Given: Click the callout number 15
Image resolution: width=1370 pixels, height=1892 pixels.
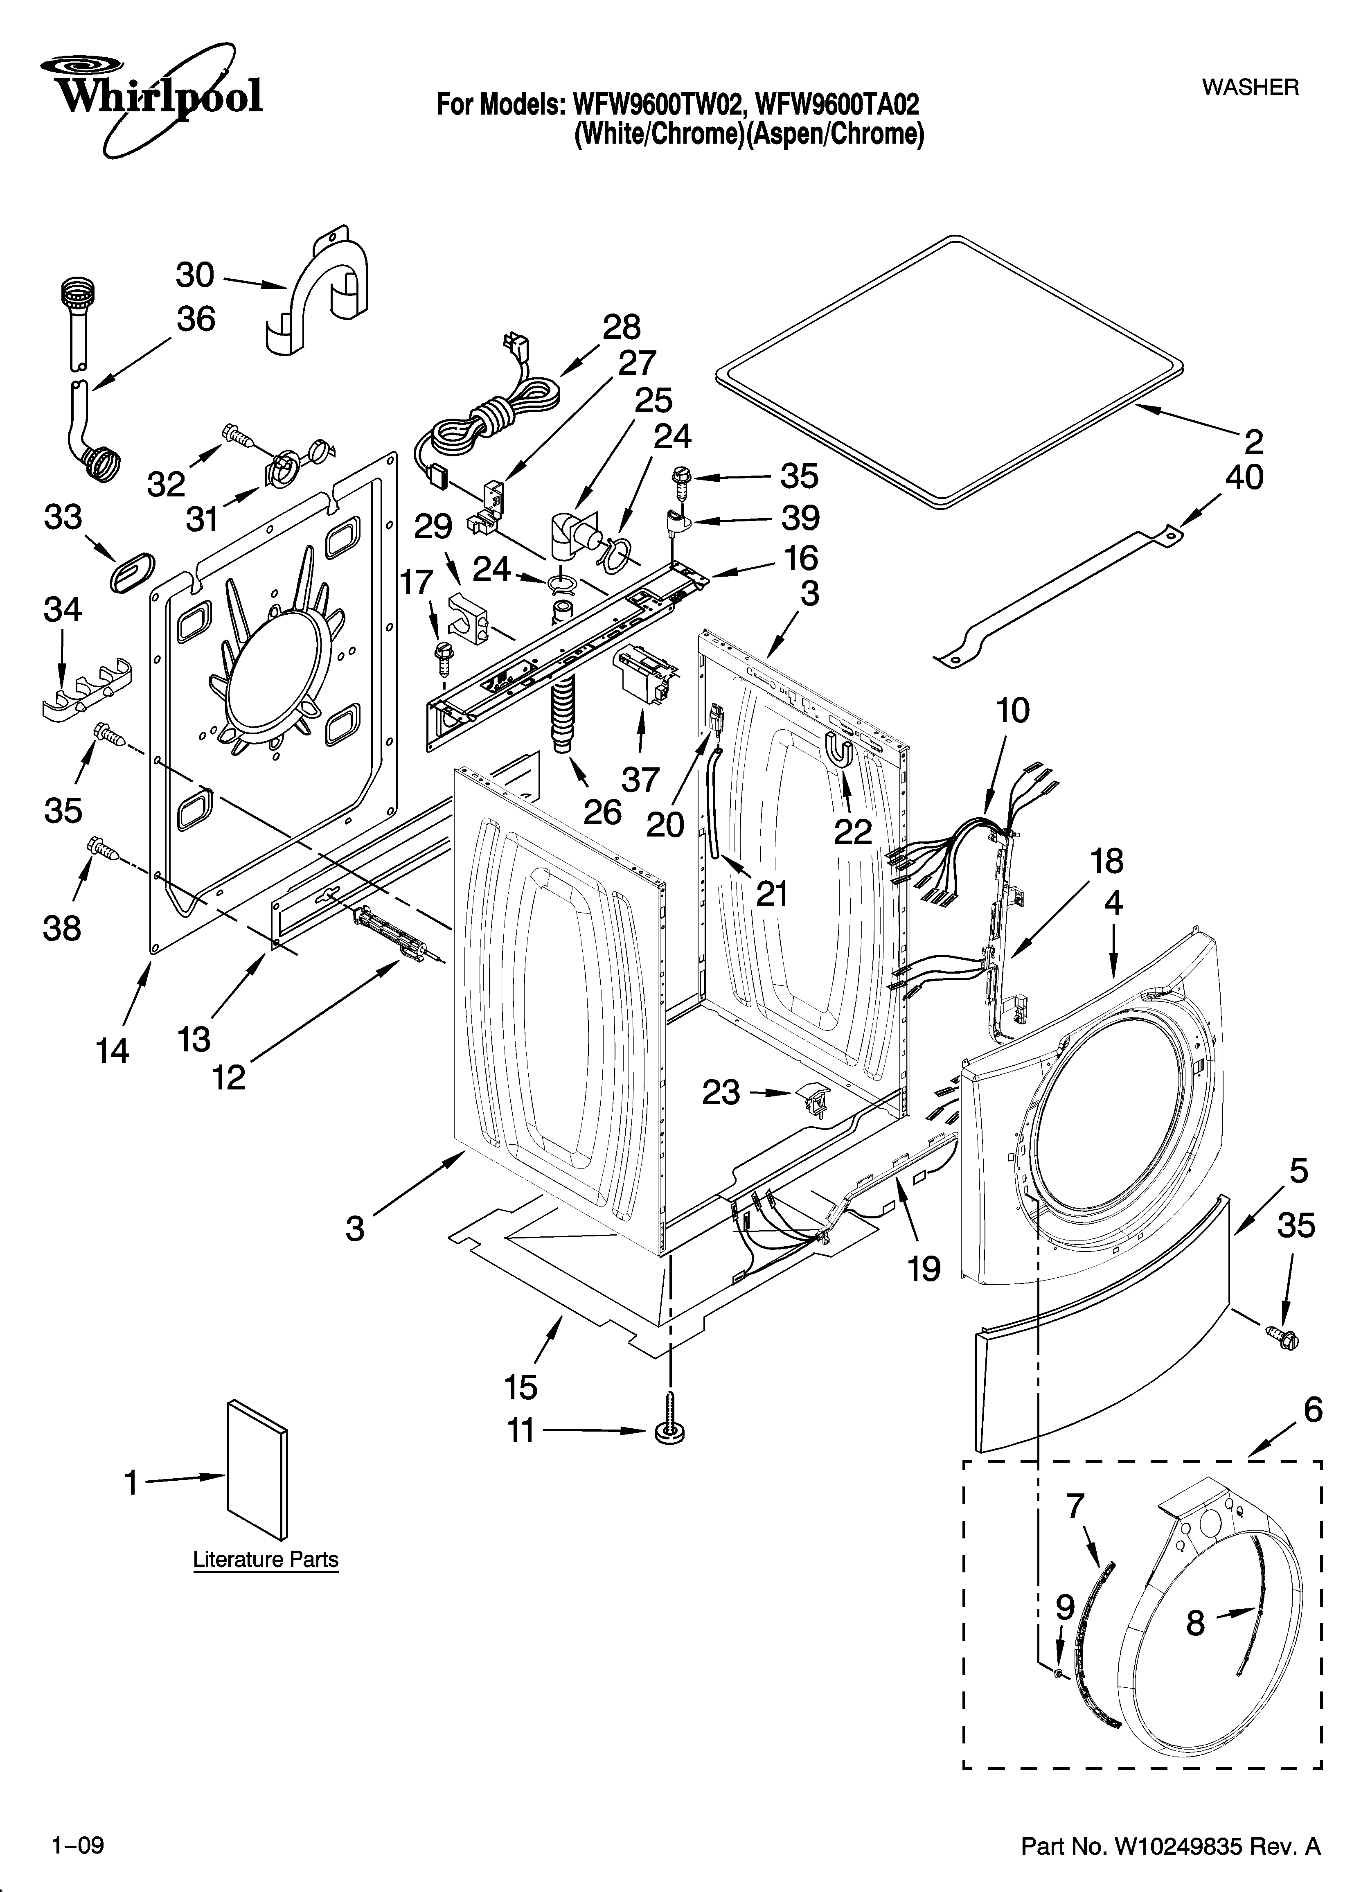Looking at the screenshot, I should tap(521, 1387).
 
